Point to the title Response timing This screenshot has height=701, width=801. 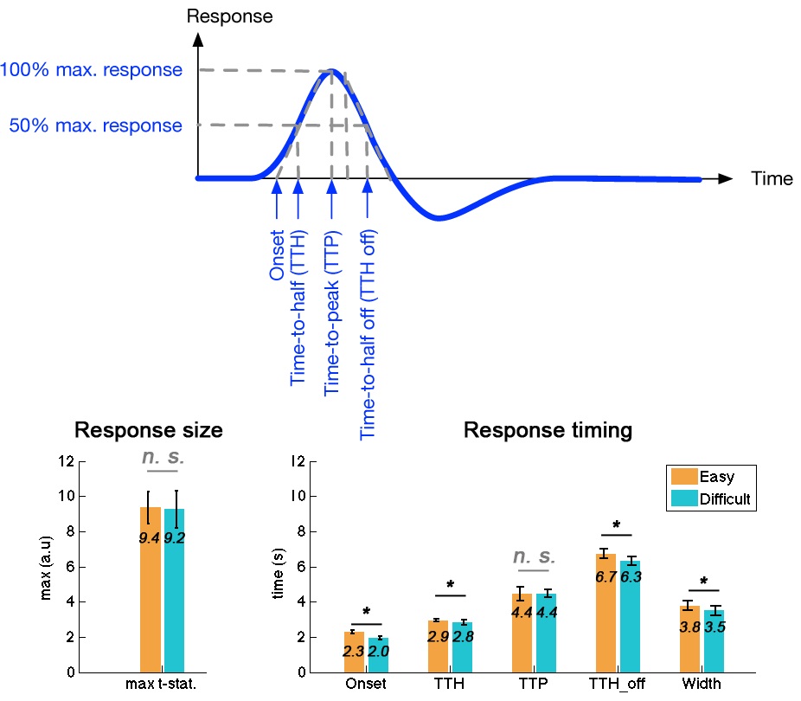pos(548,430)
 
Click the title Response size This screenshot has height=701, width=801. pos(148,430)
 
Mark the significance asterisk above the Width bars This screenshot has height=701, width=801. pos(703,582)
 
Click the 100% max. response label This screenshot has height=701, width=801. pos(92,69)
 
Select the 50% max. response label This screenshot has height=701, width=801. pos(95,125)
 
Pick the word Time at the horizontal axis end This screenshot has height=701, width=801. pos(772,179)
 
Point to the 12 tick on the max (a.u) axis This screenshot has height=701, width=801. pos(61,461)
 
